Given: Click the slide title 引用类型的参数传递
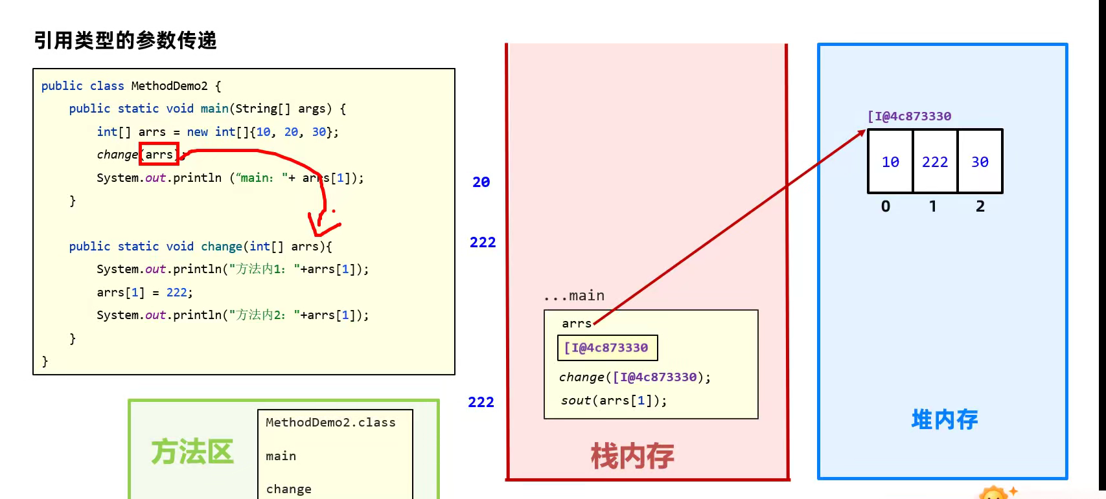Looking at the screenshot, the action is tap(125, 40).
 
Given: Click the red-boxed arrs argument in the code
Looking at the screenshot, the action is tap(159, 154).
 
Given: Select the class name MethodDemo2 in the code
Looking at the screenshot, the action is tap(169, 85).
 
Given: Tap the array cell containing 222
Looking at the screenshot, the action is tap(934, 162).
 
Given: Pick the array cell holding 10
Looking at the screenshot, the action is tap(890, 162).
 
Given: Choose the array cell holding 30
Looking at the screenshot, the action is tap(980, 162).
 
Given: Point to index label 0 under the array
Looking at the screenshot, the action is tap(886, 206).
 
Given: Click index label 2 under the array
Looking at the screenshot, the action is tap(980, 206).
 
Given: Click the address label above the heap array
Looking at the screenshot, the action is tap(910, 116).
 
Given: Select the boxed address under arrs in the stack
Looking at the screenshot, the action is tap(607, 348).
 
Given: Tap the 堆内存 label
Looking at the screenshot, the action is tap(944, 419).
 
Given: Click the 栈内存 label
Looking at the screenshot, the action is tap(632, 456).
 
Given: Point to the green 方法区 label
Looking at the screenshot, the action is tap(192, 452).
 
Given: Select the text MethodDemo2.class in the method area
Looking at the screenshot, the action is tap(330, 423).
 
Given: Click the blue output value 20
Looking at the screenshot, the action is tap(481, 183).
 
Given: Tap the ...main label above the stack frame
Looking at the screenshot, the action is tap(575, 296).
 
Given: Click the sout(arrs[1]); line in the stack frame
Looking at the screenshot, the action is tap(614, 401).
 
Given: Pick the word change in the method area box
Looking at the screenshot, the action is tap(288, 489).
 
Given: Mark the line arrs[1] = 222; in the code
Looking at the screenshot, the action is tap(144, 293).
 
